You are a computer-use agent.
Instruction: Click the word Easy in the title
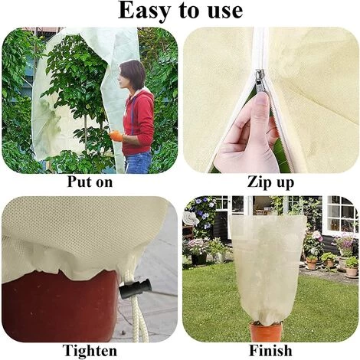click(144, 11)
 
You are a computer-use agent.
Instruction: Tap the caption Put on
click(90, 182)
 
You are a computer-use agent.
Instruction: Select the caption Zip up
click(270, 183)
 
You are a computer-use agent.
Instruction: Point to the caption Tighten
click(90, 350)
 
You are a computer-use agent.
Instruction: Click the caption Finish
click(270, 350)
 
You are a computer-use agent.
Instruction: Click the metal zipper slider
click(260, 79)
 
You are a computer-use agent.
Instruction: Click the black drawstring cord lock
click(135, 289)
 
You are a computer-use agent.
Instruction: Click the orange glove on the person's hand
click(116, 136)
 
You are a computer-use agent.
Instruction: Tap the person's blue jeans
click(138, 162)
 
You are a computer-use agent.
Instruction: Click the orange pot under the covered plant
click(266, 332)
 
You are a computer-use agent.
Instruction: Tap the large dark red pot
click(61, 306)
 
